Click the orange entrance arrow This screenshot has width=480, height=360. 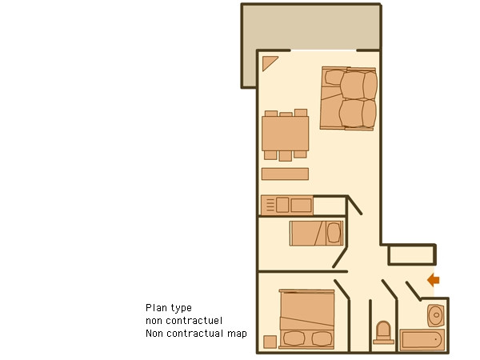pos(434,280)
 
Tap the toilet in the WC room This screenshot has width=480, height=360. pos(383,333)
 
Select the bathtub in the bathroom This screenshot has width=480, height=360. pos(422,340)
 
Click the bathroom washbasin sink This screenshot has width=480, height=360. pos(436,315)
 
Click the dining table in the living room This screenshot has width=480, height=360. pos(286,134)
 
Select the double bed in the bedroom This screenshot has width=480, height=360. pos(306,319)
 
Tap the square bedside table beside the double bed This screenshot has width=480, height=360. pos(270,342)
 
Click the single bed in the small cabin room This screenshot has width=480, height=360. pos(317,234)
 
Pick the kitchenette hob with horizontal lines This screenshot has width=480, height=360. pos(270,205)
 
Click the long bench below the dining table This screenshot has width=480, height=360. pos(285,174)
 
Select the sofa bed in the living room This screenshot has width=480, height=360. pos(349,98)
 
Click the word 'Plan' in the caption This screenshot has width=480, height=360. pos(154,308)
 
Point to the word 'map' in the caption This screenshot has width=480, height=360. pos(237,334)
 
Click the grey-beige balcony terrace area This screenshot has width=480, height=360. pos(310,27)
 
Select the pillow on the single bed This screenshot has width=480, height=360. pos(334,233)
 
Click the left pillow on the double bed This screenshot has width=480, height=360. pos(294,339)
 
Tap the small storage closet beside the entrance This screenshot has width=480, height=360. pos(411,254)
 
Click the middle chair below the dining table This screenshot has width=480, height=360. pos(286,156)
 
